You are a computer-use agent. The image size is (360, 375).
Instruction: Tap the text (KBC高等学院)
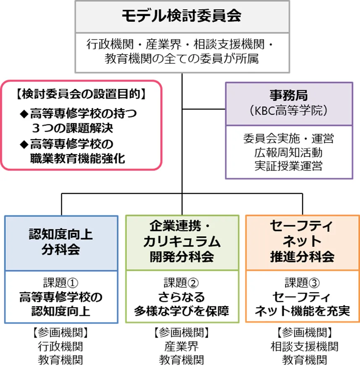pos(289,111)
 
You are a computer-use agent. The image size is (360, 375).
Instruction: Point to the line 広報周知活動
pos(289,152)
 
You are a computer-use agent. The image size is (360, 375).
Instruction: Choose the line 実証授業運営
pos(289,165)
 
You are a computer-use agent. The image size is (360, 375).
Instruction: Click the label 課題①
pos(61,282)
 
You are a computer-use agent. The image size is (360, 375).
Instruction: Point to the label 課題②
pos(182,282)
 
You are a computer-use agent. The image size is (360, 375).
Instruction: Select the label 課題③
pos(302,282)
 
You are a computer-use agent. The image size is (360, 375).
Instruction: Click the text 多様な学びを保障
pos(182,311)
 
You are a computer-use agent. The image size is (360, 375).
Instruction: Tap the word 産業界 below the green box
pos(182,346)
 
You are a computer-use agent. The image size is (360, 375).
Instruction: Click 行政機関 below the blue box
pos(61,346)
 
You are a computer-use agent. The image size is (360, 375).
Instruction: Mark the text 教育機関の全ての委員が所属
pos(182,59)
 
